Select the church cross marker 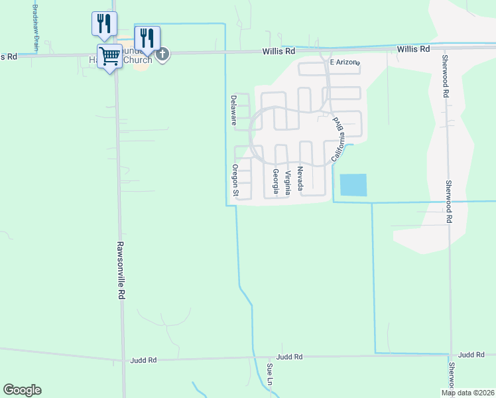(x=162, y=54)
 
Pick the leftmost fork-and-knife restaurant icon (x=103, y=23)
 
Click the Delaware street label (x=233, y=110)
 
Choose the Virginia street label (x=288, y=182)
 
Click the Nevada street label (x=300, y=178)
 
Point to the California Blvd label (x=339, y=140)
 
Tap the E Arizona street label (x=344, y=62)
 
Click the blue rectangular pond (x=353, y=184)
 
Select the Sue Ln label (x=270, y=374)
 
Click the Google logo (x=22, y=390)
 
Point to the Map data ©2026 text (x=467, y=393)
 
